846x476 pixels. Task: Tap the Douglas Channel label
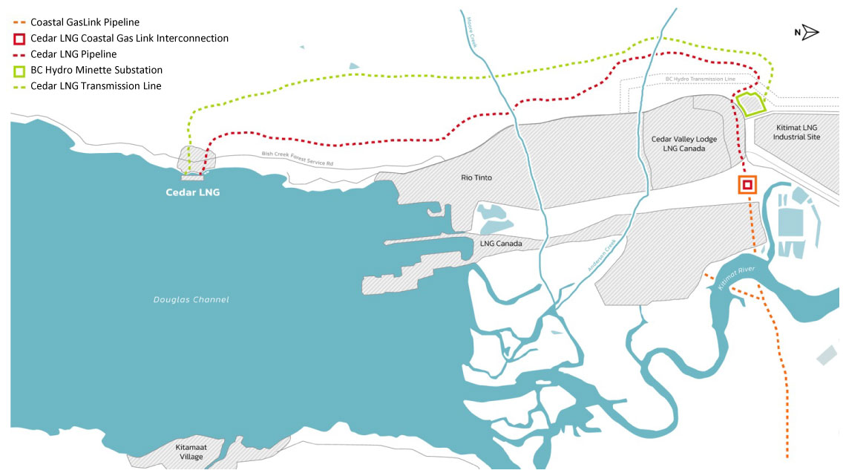[191, 300]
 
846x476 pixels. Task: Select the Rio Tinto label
[476, 178]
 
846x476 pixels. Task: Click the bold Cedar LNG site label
[193, 192]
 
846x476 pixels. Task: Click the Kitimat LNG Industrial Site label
[796, 132]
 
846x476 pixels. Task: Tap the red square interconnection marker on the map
[747, 184]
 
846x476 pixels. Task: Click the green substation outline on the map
[751, 104]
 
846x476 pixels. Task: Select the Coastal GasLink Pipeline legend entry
[85, 22]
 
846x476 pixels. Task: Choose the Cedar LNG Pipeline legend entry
[73, 54]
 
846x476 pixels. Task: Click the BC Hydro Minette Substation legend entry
[96, 70]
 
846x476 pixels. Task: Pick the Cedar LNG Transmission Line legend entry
[96, 86]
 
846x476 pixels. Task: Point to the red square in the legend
[19, 39]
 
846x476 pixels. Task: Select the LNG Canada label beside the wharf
[501, 244]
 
